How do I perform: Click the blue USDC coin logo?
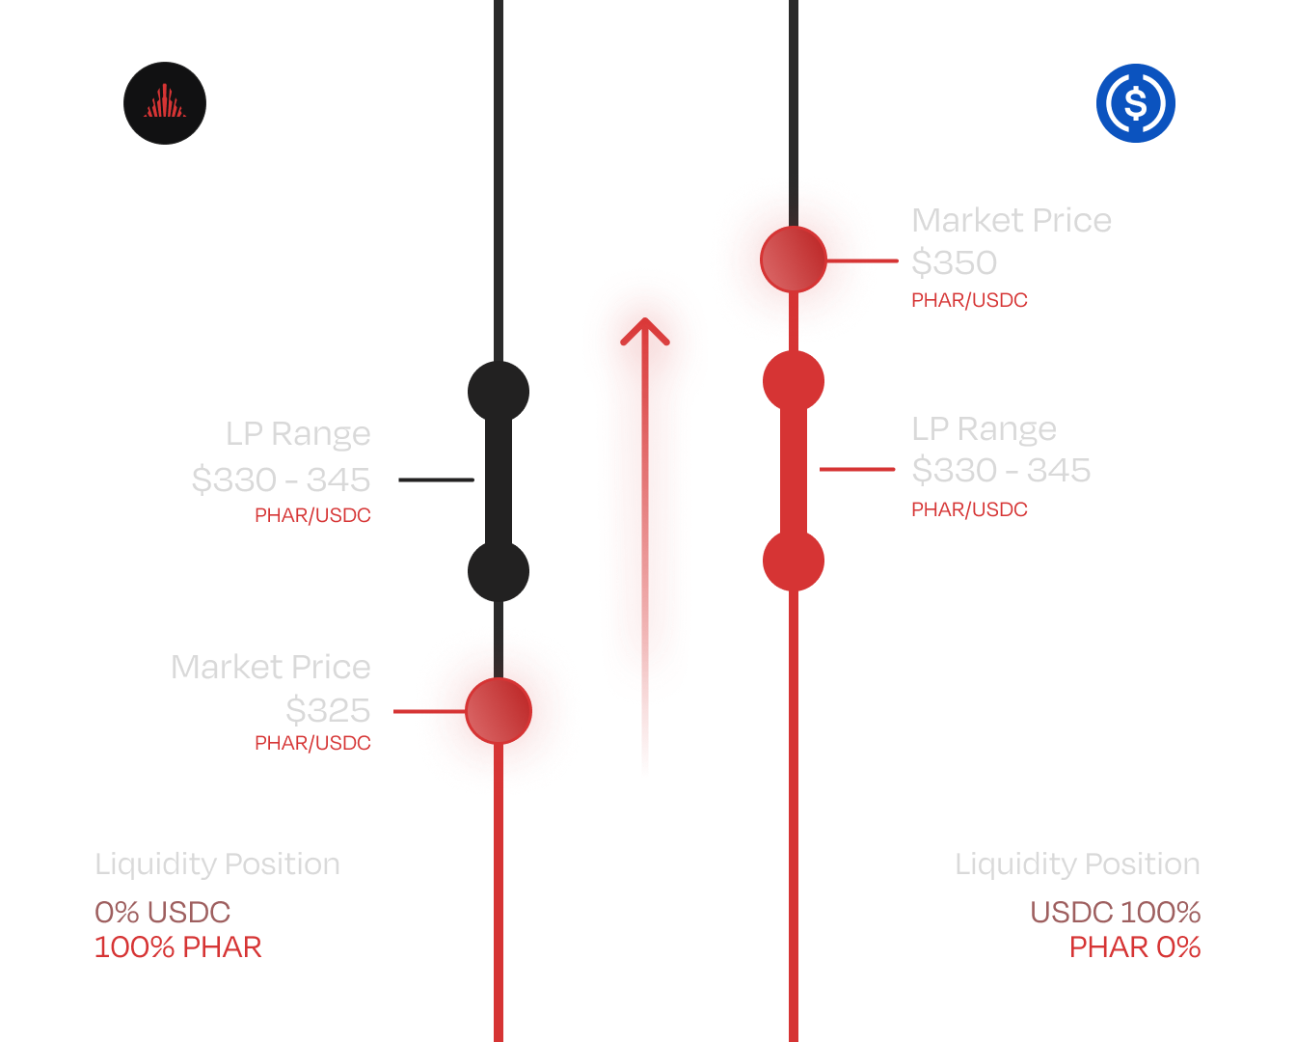click(1136, 103)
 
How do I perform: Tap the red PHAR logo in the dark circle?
click(165, 103)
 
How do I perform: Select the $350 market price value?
click(955, 262)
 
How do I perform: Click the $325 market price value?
click(328, 710)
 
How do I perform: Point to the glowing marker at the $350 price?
click(794, 260)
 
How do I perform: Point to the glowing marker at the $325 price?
click(499, 711)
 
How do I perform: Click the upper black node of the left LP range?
click(499, 392)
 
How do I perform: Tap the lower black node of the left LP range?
click(499, 571)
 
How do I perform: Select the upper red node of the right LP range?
click(794, 381)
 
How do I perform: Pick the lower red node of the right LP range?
click(794, 561)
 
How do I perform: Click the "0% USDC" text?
click(163, 912)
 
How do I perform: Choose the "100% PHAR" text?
click(178, 946)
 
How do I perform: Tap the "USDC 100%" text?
click(1115, 912)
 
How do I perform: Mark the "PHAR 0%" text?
click(1135, 946)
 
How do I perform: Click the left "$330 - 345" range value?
click(281, 480)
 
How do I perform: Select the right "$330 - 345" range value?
click(1001, 470)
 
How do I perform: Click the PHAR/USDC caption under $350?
click(969, 300)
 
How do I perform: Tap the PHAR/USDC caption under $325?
click(312, 743)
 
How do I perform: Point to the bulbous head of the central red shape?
click(645, 333)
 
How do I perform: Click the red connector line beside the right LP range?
click(856, 470)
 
